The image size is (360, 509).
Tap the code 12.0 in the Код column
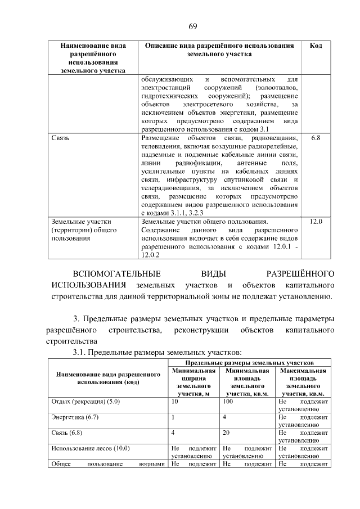[316, 222]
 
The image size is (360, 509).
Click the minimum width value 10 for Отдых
[174, 402]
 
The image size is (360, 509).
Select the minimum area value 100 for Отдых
[228, 402]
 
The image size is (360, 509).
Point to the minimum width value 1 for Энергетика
[173, 417]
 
